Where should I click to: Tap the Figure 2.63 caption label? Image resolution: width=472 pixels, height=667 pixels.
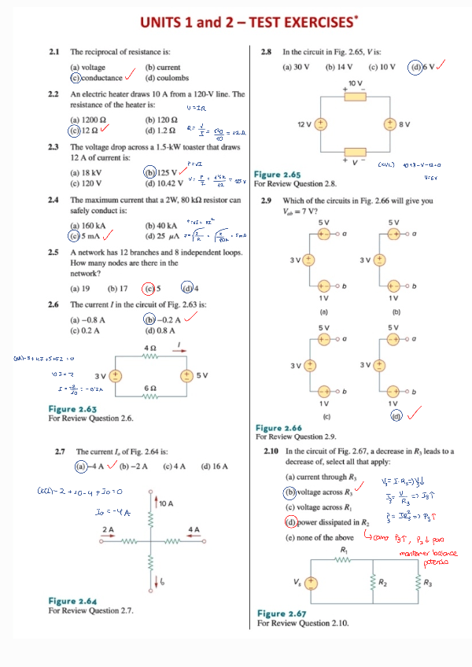coord(72,409)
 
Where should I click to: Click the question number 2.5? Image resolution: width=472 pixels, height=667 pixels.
coord(54,252)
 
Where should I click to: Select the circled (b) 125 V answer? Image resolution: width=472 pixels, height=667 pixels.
coord(160,172)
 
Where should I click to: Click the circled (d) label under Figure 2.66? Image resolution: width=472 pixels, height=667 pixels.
coord(398,416)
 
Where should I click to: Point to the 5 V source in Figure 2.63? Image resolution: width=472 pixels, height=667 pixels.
coord(188,374)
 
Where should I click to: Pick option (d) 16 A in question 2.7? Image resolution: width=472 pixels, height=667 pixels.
coord(214,466)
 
